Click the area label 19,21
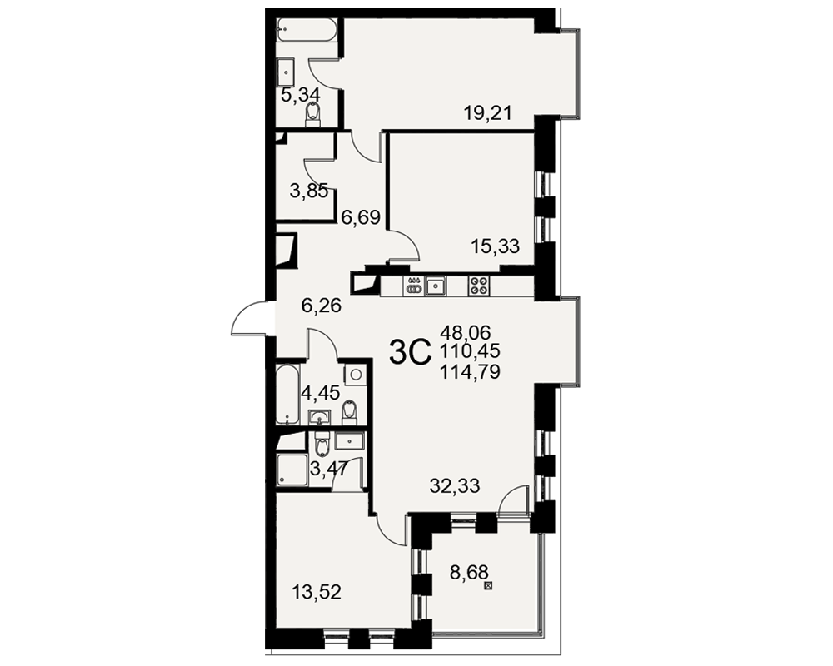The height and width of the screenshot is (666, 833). point(487,112)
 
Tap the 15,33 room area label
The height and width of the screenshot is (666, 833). point(495,246)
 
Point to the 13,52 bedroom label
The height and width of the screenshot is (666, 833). point(317,591)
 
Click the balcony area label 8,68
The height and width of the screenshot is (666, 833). point(469,573)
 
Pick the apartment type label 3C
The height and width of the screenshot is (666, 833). point(410,352)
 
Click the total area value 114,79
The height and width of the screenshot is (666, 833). point(470,372)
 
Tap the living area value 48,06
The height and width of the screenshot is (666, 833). point(466,332)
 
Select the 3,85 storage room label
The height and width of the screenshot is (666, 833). point(309,190)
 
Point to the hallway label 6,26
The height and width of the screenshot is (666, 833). point(321,306)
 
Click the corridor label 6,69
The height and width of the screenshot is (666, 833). point(361,216)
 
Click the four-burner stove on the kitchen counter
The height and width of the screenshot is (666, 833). point(479,286)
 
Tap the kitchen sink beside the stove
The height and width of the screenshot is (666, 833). point(436,286)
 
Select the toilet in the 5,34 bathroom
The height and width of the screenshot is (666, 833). point(313,115)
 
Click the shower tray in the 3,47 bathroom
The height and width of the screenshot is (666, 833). point(292,470)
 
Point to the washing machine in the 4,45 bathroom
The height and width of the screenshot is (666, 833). point(356,375)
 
